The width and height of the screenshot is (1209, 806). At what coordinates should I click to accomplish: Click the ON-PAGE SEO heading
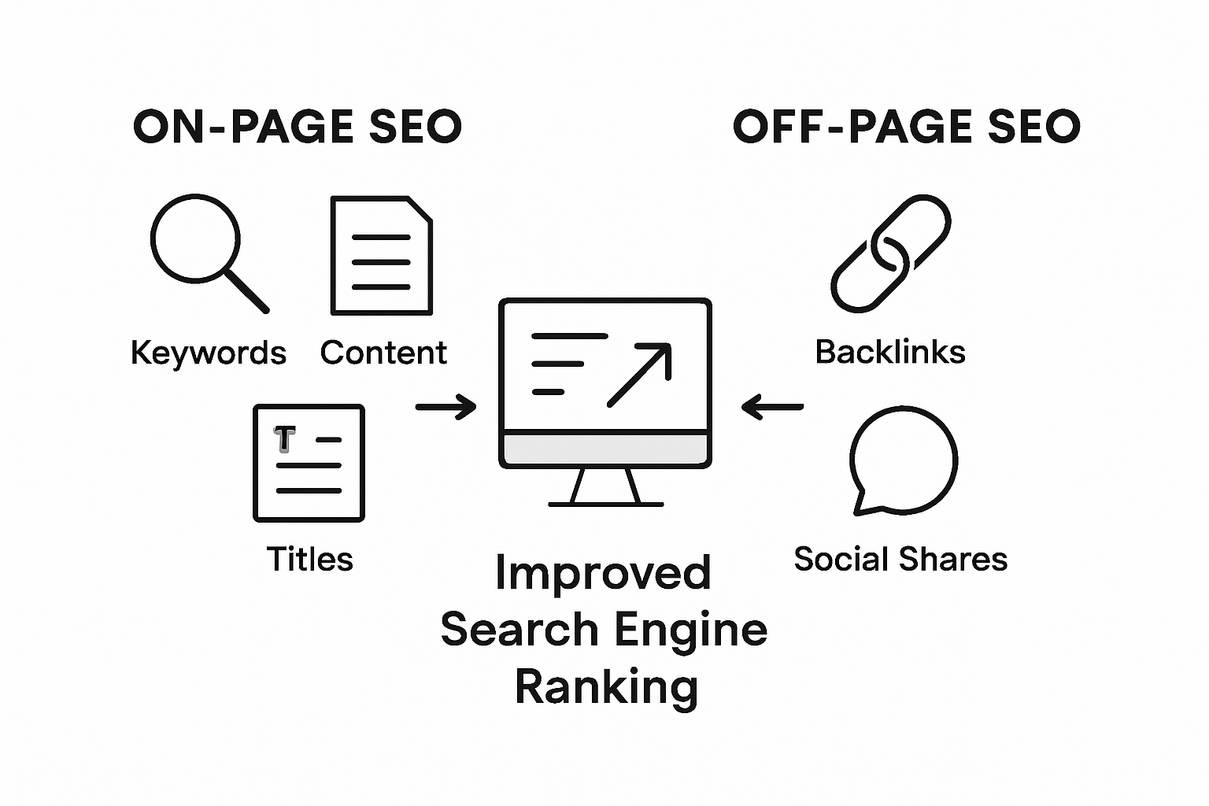click(297, 128)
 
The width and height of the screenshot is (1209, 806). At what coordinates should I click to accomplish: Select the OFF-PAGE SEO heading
click(906, 128)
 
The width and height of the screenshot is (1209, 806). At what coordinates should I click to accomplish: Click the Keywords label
click(208, 353)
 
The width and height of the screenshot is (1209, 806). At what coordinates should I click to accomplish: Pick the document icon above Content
click(382, 256)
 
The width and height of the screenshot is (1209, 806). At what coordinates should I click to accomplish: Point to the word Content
click(383, 353)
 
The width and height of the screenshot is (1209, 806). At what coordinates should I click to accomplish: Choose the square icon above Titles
click(309, 463)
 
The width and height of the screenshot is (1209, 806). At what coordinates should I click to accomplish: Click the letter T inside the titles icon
click(284, 439)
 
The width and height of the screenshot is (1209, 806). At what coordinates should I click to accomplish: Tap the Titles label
click(309, 560)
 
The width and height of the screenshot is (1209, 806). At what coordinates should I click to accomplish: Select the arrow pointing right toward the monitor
click(446, 407)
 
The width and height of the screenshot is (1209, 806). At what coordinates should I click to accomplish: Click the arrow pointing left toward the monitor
click(772, 407)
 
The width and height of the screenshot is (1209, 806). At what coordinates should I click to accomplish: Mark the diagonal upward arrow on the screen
click(639, 375)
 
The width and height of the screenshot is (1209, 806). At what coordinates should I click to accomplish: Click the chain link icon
click(891, 253)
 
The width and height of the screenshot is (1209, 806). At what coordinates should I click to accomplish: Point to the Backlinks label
click(889, 352)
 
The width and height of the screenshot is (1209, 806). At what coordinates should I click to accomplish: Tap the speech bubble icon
click(903, 460)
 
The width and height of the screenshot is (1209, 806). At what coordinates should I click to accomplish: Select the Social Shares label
click(900, 560)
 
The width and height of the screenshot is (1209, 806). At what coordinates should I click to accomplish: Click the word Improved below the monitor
click(603, 573)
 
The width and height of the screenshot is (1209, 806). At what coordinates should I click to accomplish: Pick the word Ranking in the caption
click(606, 687)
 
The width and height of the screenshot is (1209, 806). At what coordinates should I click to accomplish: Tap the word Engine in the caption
click(690, 630)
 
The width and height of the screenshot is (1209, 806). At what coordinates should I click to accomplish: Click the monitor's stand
click(605, 488)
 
